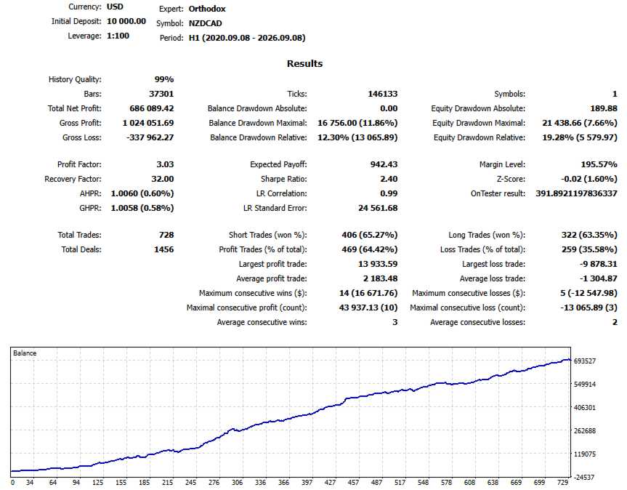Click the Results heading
(304, 63)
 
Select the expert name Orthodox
(207, 9)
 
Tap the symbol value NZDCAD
(205, 23)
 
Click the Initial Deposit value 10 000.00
(126, 21)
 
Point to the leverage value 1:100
(118, 36)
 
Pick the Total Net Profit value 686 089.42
(152, 108)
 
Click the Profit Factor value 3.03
(165, 164)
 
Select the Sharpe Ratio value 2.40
(389, 179)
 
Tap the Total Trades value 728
(166, 235)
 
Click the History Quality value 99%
(164, 79)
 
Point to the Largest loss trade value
(598, 264)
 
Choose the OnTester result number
(576, 193)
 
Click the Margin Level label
(502, 164)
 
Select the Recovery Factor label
(73, 179)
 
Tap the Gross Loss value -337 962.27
(150, 137)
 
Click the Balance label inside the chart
(25, 353)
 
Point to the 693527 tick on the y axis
(585, 361)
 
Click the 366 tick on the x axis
(283, 483)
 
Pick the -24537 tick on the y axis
(585, 477)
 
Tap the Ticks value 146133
(383, 94)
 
